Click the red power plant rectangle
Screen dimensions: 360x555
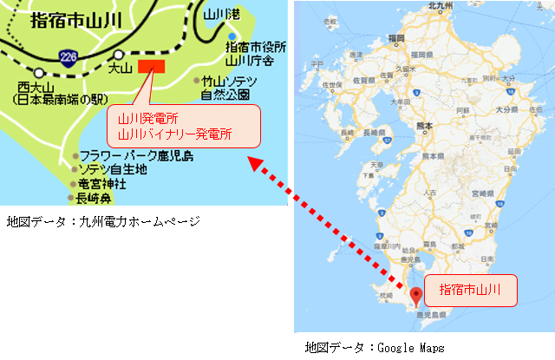(x=151, y=66)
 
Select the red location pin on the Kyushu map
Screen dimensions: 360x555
(x=415, y=295)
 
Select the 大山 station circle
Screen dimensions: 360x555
(x=119, y=54)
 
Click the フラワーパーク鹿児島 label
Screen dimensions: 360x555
(x=137, y=156)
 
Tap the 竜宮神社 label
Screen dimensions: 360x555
(x=102, y=184)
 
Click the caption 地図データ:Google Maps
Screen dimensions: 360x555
(x=375, y=349)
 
